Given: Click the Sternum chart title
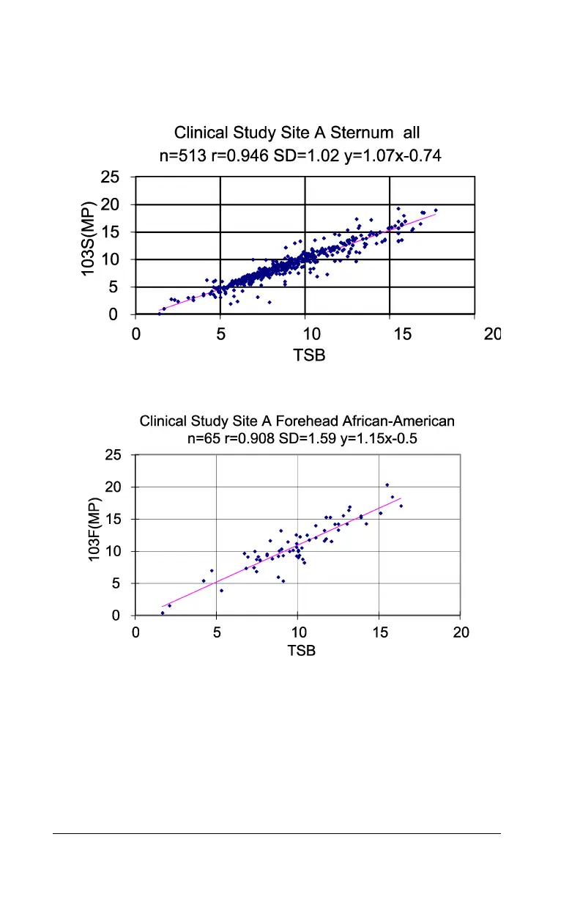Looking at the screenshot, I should pos(297,133).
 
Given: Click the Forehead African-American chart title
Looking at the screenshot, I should pos(297,421).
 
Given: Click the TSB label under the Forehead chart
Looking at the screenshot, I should pos(301,650).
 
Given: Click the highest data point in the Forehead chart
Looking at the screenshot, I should pos(387,484).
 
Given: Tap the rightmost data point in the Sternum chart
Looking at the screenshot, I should pos(436,210).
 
